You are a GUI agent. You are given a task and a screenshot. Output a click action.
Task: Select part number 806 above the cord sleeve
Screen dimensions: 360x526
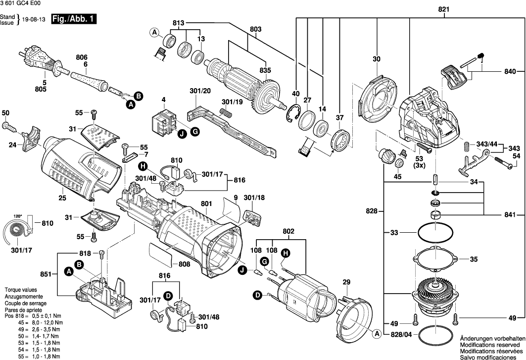click(82, 57)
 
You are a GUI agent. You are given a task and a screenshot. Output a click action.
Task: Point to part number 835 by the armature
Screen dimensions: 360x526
click(266, 71)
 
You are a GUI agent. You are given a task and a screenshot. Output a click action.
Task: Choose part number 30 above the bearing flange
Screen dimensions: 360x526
click(377, 59)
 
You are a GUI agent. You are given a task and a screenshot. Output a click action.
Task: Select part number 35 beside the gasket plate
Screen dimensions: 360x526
click(474, 259)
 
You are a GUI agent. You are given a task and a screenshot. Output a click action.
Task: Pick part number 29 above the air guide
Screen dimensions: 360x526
click(346, 282)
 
